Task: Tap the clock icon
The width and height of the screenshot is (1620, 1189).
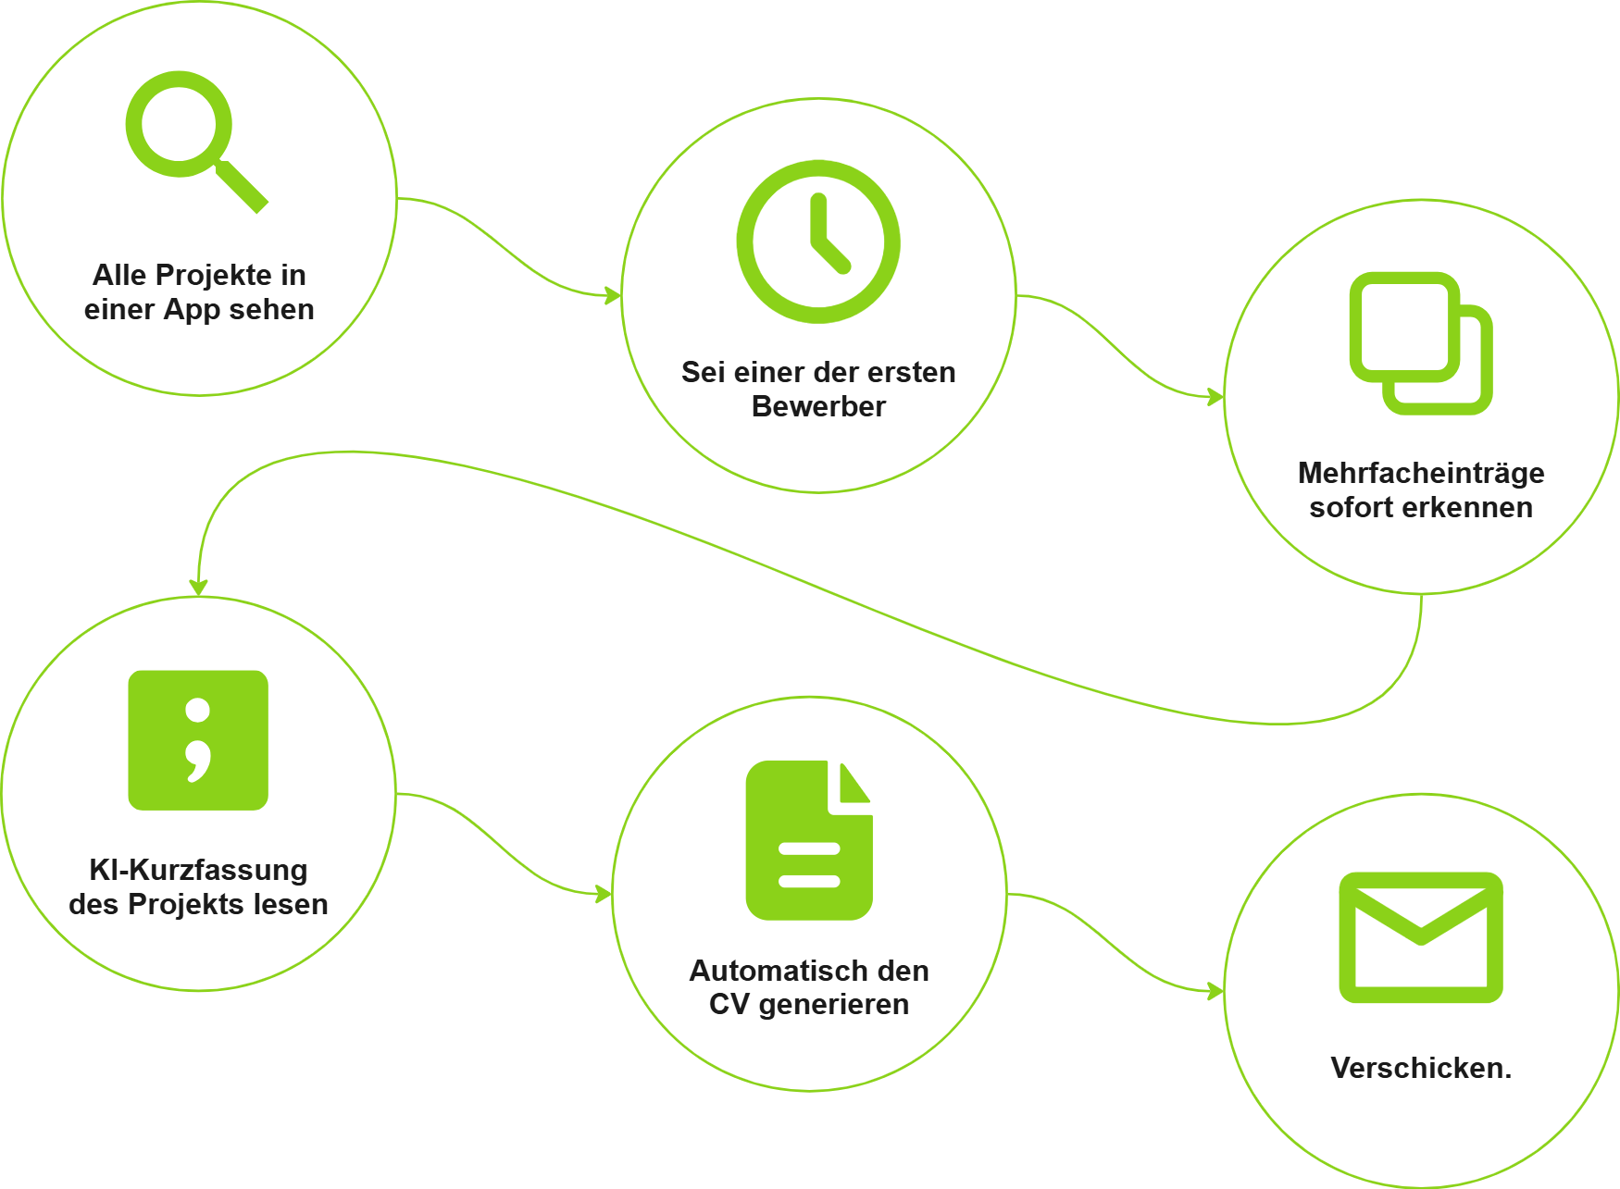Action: coord(818,242)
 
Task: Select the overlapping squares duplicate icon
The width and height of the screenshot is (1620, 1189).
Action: coord(1420,343)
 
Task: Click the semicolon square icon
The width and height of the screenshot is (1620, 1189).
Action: coord(198,740)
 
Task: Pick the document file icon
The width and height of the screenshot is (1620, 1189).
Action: coord(809,840)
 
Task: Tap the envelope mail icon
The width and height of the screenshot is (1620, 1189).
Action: coord(1420,936)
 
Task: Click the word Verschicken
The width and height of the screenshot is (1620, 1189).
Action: coord(1420,1068)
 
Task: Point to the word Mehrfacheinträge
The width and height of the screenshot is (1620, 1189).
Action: coord(1420,473)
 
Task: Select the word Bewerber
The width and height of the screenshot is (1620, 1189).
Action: coord(818,406)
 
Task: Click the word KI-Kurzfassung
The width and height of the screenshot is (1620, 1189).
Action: coord(198,870)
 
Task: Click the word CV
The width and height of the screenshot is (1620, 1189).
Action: coord(729,1004)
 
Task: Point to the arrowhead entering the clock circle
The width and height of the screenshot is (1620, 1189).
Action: coord(613,295)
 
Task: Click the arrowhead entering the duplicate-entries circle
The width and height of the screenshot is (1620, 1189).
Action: coord(1215,398)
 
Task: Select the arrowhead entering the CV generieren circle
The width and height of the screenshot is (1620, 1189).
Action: coord(604,894)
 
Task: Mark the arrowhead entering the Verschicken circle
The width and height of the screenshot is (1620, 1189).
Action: coord(1215,992)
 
